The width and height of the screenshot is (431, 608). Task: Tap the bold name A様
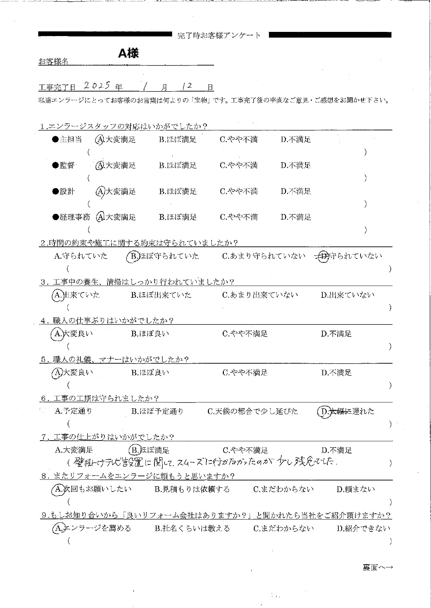(128, 53)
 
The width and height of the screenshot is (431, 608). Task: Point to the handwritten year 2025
(97, 86)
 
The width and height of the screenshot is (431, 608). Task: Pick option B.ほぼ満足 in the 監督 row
(178, 166)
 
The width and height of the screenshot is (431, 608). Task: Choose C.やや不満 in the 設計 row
(239, 191)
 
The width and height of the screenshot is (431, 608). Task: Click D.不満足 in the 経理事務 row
(296, 217)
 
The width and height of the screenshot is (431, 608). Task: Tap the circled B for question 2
(133, 257)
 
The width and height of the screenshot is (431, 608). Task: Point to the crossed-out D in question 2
(323, 257)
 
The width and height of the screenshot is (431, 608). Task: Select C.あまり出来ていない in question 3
(260, 295)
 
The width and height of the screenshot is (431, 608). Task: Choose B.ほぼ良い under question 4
(150, 334)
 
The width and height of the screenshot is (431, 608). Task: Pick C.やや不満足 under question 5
(245, 373)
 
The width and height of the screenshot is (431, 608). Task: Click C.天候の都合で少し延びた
(253, 411)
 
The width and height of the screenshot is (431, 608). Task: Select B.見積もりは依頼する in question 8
(192, 489)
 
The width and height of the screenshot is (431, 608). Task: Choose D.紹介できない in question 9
(363, 529)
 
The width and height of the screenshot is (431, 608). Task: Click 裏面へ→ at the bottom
(378, 567)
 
